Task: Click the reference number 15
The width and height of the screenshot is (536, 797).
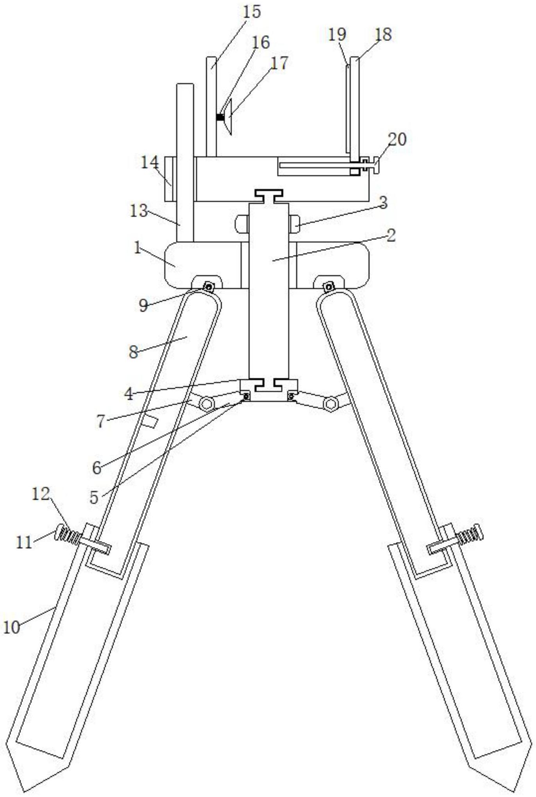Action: pyautogui.click(x=252, y=12)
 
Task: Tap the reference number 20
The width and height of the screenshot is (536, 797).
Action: pyautogui.click(x=397, y=139)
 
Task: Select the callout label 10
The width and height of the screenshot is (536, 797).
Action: pyautogui.click(x=12, y=627)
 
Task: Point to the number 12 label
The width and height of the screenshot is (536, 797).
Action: pyautogui.click(x=41, y=495)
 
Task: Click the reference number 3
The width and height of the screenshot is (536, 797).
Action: pyautogui.click(x=383, y=202)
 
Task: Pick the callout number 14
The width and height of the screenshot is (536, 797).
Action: pyautogui.click(x=150, y=162)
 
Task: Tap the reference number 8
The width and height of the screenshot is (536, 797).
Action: pyautogui.click(x=134, y=352)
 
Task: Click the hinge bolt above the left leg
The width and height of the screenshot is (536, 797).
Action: pyautogui.click(x=209, y=288)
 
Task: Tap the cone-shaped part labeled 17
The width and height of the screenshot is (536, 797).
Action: pyautogui.click(x=227, y=117)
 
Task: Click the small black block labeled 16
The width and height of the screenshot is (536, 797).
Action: pyautogui.click(x=220, y=117)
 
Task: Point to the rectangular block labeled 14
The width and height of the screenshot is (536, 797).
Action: pyautogui.click(x=171, y=179)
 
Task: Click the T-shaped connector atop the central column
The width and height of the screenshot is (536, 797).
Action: pyautogui.click(x=268, y=196)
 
